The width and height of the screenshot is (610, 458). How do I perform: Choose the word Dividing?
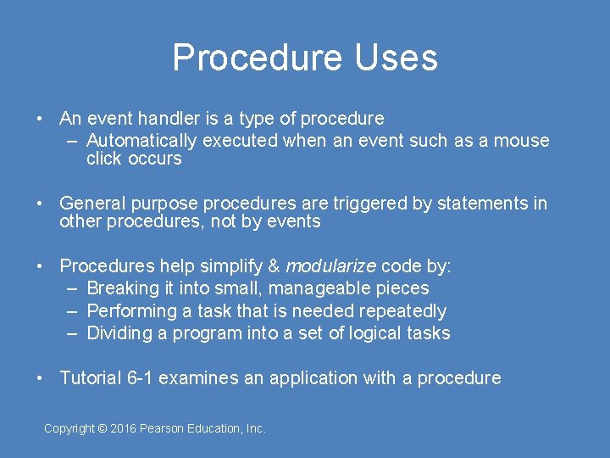119,333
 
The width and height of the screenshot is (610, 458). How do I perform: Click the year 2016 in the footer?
125,429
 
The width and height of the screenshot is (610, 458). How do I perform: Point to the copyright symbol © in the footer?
103,429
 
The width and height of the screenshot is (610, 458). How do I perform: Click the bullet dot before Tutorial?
40,378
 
